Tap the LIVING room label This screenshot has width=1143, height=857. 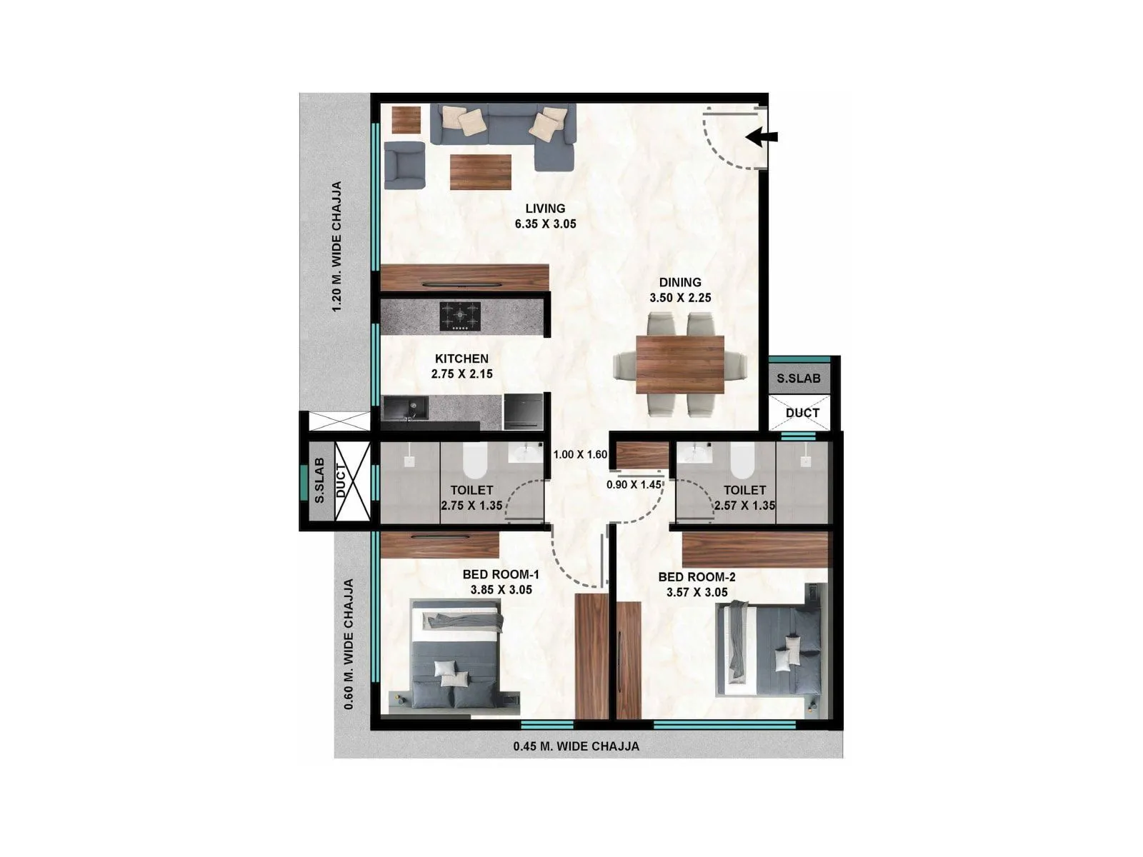(545, 209)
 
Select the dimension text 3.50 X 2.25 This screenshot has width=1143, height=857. (680, 298)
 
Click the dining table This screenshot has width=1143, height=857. (680, 364)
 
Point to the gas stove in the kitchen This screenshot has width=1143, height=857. (459, 315)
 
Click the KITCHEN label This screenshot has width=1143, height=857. (461, 359)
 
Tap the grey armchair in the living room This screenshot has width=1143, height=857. (404, 165)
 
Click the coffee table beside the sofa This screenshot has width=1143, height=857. (480, 172)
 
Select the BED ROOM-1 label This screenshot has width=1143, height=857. (500, 575)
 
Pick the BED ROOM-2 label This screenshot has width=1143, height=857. (697, 577)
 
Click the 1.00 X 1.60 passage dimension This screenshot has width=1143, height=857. (580, 454)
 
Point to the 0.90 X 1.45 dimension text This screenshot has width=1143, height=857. (634, 484)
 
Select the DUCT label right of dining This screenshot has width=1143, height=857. (802, 413)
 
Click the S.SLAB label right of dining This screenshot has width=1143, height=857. (799, 379)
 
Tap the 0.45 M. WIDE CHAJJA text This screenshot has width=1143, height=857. (576, 746)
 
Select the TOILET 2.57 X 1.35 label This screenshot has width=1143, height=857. (744, 498)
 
